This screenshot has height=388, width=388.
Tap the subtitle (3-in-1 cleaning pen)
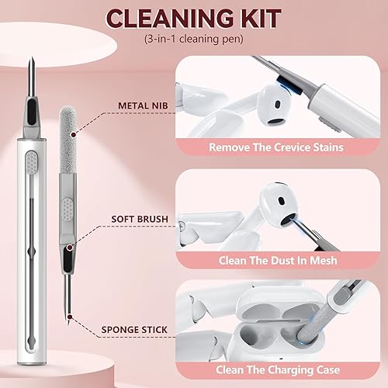coord(194,39)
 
